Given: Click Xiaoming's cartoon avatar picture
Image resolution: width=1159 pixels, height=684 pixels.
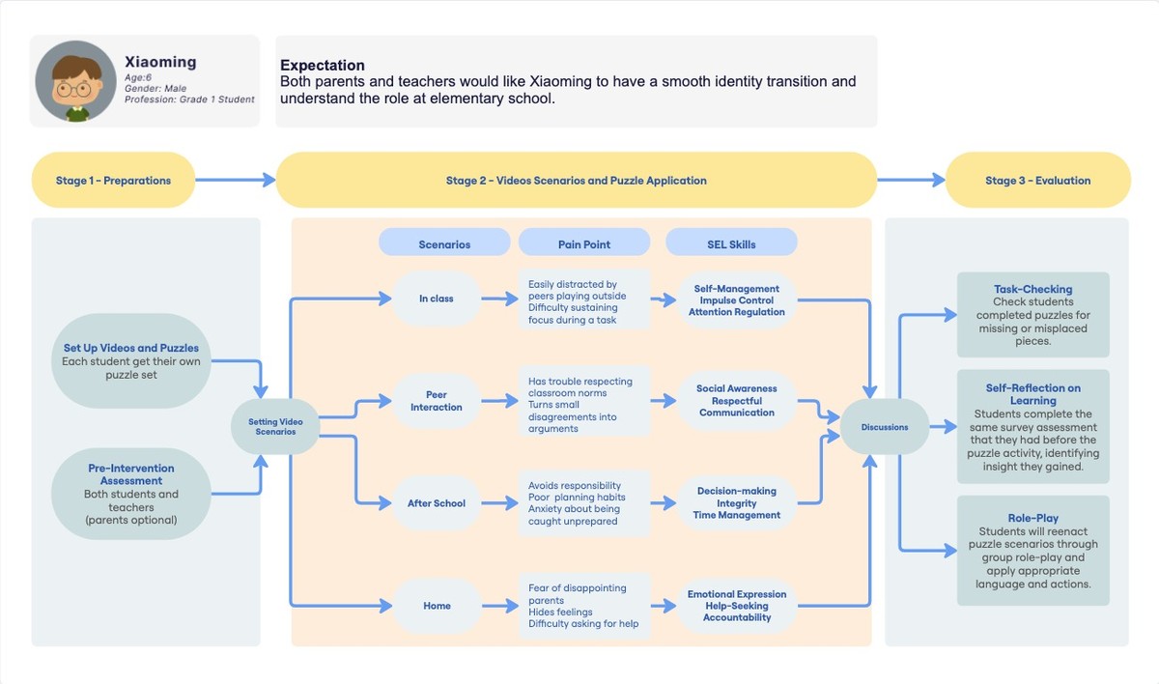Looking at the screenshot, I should tap(76, 81).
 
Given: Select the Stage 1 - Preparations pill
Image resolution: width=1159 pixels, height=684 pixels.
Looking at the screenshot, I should tap(113, 181).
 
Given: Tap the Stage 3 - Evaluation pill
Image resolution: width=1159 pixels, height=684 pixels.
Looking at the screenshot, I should tap(1037, 181).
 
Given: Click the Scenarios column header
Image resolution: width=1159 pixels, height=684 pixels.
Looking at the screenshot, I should tap(444, 244).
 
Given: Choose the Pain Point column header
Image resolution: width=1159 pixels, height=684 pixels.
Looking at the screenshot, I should tap(583, 244).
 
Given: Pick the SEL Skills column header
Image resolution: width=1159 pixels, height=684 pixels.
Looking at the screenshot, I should tap(731, 244).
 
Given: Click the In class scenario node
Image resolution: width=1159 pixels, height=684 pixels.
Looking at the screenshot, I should tap(436, 299).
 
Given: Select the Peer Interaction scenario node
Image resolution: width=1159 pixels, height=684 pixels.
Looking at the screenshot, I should tap(436, 401).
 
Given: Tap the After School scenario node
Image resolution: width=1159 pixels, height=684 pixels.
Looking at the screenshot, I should tap(436, 503).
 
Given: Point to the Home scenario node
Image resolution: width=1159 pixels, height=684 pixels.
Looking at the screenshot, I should tap(437, 606).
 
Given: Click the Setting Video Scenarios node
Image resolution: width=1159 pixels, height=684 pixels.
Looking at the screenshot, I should tap(275, 427).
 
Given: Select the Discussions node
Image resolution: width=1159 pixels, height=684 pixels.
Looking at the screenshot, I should tap(885, 427).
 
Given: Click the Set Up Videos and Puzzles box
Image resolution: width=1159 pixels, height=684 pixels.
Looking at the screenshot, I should tap(130, 360).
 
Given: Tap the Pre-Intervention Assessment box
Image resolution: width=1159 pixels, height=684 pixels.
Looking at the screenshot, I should tap(130, 494).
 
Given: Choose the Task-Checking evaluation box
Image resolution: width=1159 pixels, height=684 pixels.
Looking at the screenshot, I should tap(1032, 315).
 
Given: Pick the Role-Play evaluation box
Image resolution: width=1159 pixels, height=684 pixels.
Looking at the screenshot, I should tap(1032, 551).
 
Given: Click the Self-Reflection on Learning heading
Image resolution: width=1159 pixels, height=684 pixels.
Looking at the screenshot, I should tap(1032, 394).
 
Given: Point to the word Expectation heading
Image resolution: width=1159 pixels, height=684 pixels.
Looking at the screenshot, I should tap(323, 66).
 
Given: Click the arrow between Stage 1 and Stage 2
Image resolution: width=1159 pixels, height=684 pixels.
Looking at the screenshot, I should tap(236, 180).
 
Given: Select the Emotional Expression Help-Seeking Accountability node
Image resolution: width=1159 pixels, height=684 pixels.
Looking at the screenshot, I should tap(737, 606).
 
